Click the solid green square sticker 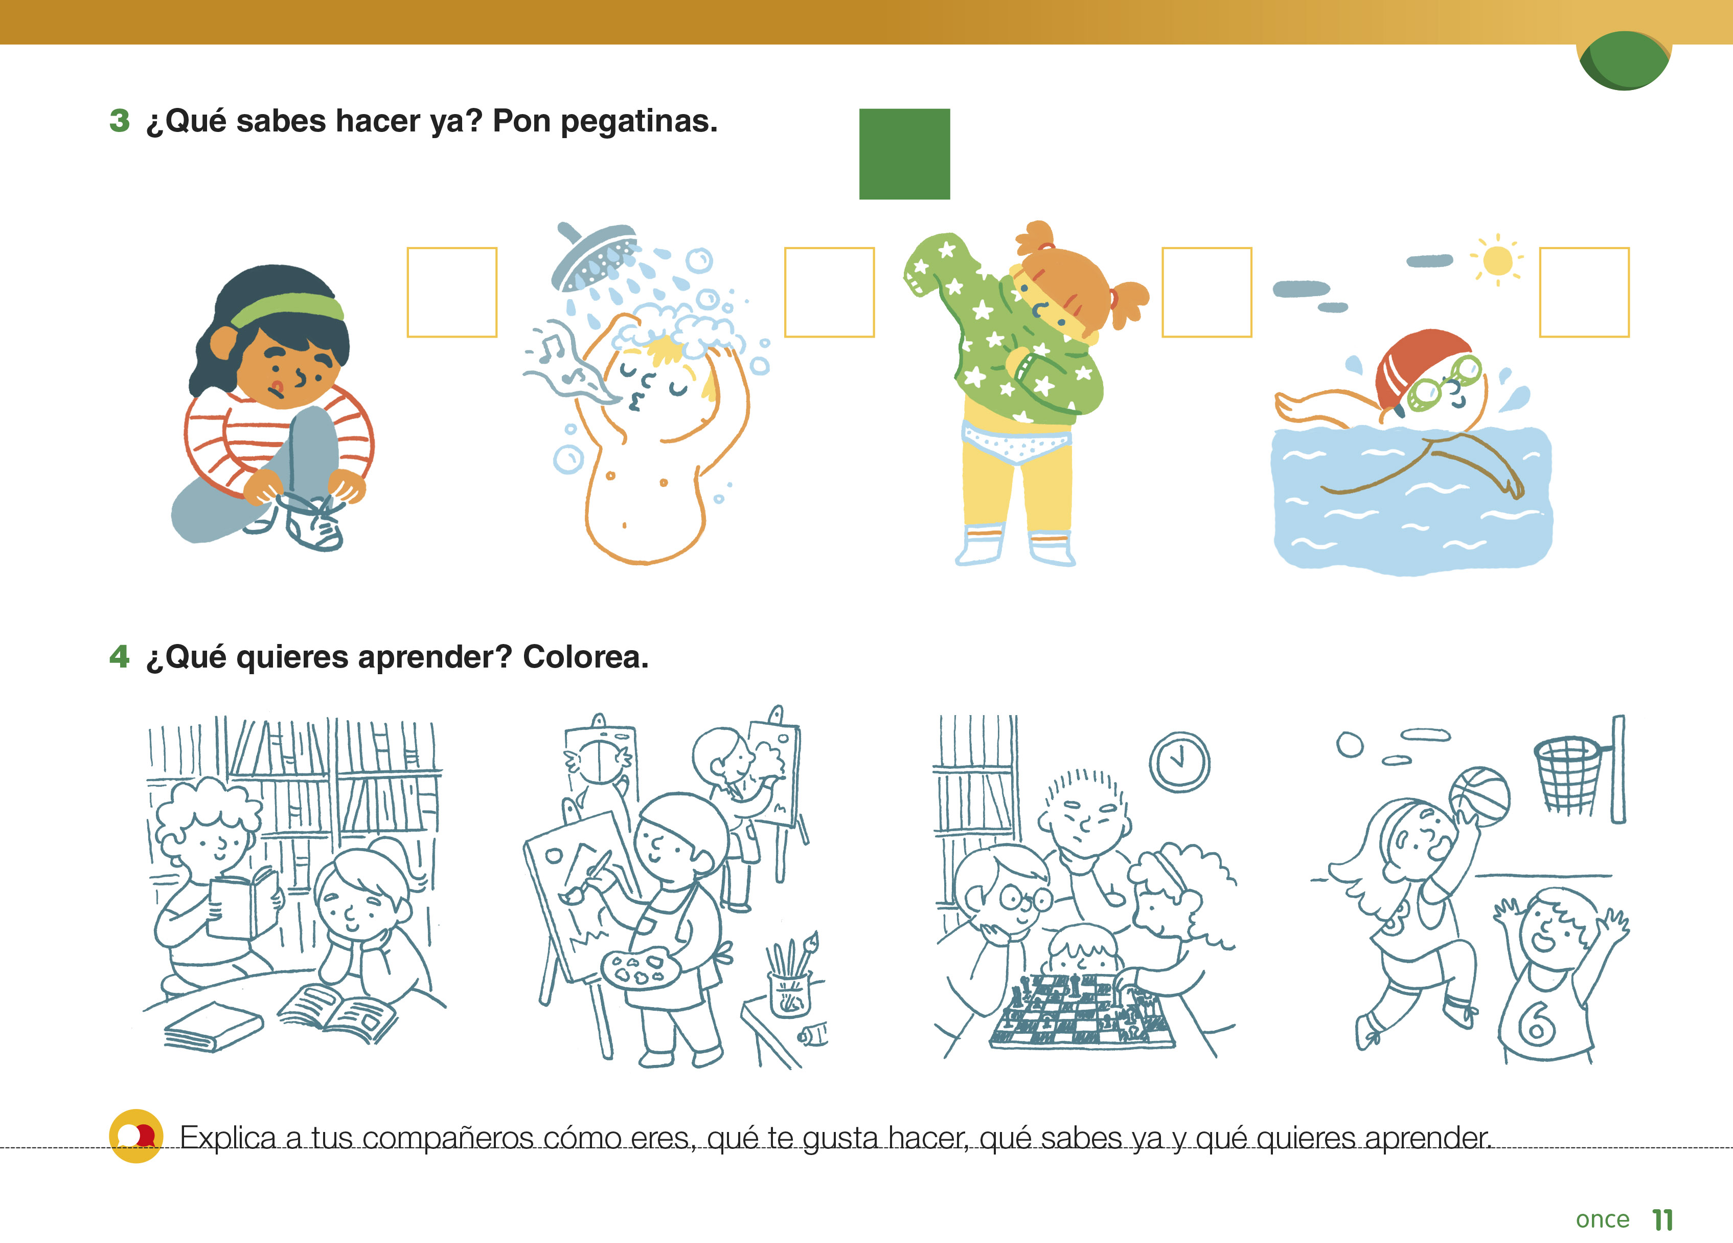(905, 153)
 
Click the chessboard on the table (1081, 1011)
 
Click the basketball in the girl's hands (1479, 798)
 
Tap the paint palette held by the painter (641, 970)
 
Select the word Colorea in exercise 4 (586, 657)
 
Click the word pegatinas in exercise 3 (640, 122)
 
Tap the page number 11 (1662, 1219)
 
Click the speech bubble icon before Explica (136, 1136)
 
